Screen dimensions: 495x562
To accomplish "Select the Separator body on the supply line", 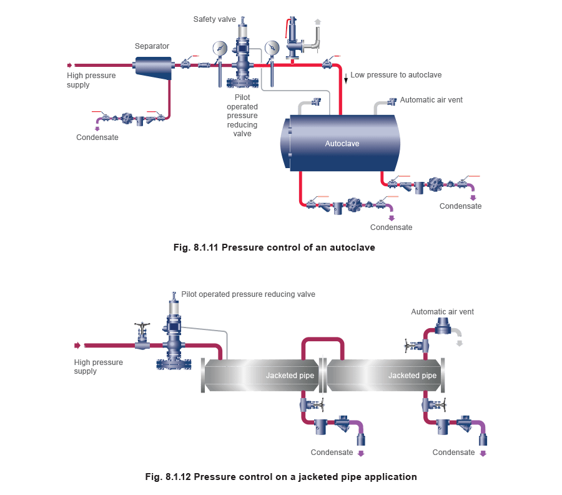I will point(153,66).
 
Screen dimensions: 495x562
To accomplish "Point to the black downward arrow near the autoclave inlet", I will point(346,78).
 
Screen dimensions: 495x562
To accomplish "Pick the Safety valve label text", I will point(214,19).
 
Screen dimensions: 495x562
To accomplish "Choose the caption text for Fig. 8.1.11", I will point(274,247).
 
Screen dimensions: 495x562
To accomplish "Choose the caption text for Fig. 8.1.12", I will point(280,477).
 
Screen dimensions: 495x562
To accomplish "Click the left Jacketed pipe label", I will point(290,376).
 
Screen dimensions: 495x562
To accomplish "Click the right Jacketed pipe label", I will point(412,376).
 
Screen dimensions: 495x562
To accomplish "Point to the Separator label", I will point(152,46).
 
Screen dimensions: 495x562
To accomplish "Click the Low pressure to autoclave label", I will point(396,75).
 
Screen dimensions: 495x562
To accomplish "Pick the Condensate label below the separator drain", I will point(97,137).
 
